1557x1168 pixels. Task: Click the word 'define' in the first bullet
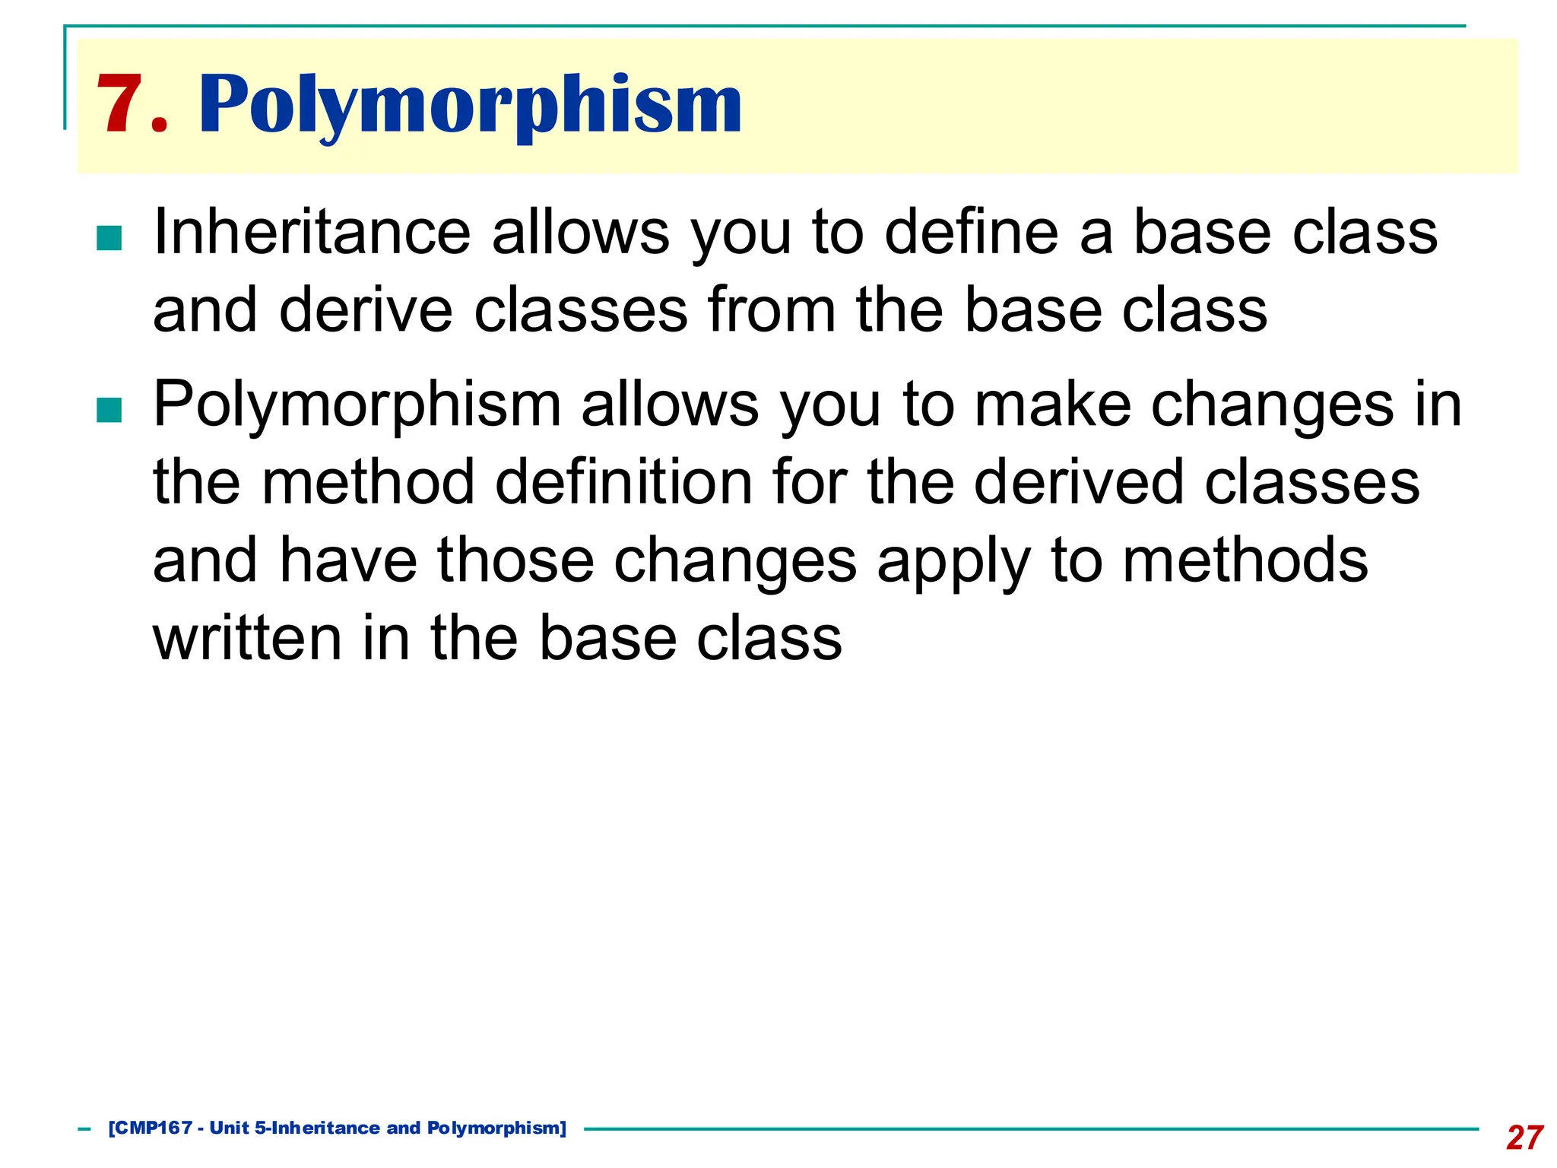pyautogui.click(x=971, y=232)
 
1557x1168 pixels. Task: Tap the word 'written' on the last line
pyautogui.click(x=247, y=638)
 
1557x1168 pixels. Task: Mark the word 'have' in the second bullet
pyautogui.click(x=348, y=560)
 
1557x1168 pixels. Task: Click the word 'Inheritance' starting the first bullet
pyautogui.click(x=312, y=232)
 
